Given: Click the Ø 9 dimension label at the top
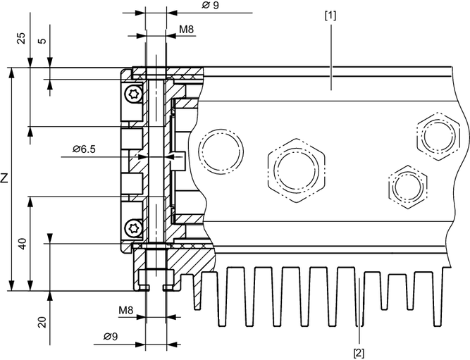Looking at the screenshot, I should [209, 6].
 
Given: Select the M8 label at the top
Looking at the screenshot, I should [187, 30].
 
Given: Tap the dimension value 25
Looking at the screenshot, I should [21, 38].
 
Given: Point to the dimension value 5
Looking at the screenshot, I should [42, 40].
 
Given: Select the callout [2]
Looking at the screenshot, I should [359, 350].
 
